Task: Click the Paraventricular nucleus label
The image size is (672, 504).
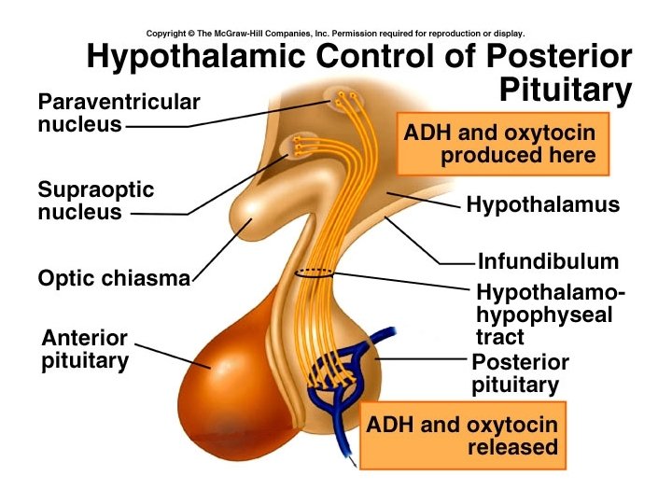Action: (119, 112)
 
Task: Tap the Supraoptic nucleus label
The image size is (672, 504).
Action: (95, 201)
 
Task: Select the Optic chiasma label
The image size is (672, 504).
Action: (114, 278)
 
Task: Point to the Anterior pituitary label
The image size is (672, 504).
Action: (85, 349)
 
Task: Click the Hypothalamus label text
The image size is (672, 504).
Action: (542, 204)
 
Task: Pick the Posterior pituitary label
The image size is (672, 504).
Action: (520, 373)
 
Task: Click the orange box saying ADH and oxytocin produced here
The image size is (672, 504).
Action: (502, 144)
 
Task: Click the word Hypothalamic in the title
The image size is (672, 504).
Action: (197, 57)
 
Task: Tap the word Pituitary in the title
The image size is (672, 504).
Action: (566, 91)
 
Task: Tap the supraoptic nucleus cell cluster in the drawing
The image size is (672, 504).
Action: (301, 145)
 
